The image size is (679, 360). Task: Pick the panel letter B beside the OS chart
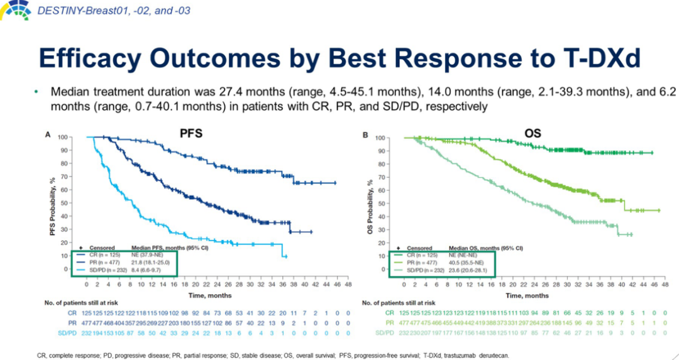pyautogui.click(x=366, y=134)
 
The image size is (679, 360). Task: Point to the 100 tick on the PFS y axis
pyautogui.click(x=63, y=137)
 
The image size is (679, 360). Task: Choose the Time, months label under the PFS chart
pyautogui.click(x=207, y=295)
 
